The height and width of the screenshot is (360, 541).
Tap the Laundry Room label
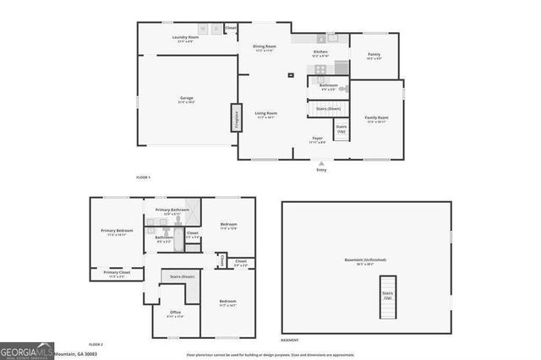[x=185, y=38]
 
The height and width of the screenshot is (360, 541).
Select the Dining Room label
[x=265, y=47]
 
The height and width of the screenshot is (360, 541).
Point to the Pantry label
[x=374, y=56]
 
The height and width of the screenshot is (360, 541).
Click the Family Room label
[x=376, y=118]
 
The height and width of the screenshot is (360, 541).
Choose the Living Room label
[x=266, y=114]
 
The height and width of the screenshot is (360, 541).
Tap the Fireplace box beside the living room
[x=227, y=117]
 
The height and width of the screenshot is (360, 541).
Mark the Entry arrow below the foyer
[x=321, y=164]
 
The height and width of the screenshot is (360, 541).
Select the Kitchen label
[x=320, y=53]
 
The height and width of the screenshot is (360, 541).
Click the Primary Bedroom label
[x=117, y=232]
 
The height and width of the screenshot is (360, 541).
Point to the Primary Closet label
[x=117, y=273]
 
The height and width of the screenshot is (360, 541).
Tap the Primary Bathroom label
[x=172, y=210]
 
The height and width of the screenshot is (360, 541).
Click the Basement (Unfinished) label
[x=364, y=261]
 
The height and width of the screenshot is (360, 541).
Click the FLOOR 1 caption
[x=143, y=177]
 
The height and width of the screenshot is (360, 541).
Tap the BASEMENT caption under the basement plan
[x=289, y=339]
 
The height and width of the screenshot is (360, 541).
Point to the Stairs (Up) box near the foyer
[x=341, y=131]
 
